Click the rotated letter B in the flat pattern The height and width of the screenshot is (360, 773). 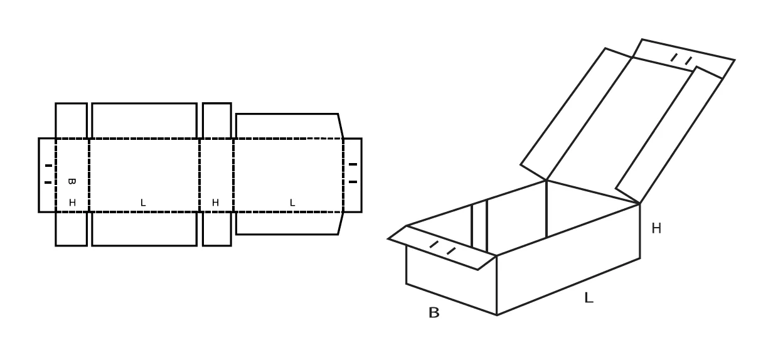pyautogui.click(x=72, y=181)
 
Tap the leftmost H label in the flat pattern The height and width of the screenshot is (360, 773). pyautogui.click(x=72, y=203)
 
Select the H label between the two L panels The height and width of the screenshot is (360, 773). pyautogui.click(x=215, y=203)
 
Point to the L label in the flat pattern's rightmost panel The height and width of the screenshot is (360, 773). pyautogui.click(x=292, y=203)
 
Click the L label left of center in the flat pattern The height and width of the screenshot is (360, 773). pyautogui.click(x=143, y=203)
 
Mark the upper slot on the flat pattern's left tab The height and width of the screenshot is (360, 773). pyautogui.click(x=48, y=166)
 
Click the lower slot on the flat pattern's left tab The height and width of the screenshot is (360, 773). pyautogui.click(x=48, y=183)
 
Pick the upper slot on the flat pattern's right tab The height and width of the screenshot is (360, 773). pyautogui.click(x=353, y=164)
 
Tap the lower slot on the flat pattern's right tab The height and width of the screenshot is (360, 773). pyautogui.click(x=353, y=182)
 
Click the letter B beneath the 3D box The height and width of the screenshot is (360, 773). pyautogui.click(x=434, y=313)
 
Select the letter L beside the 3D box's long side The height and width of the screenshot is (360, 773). pyautogui.click(x=589, y=297)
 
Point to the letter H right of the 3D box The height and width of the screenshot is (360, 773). pyautogui.click(x=656, y=228)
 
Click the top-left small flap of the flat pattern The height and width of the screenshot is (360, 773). pyautogui.click(x=71, y=120)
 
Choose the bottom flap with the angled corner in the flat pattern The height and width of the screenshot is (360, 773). pyautogui.click(x=289, y=223)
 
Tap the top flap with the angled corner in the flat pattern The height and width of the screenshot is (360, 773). pyautogui.click(x=289, y=126)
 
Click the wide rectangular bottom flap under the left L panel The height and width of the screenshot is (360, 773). pyautogui.click(x=144, y=229)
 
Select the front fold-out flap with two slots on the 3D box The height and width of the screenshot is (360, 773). pyautogui.click(x=442, y=247)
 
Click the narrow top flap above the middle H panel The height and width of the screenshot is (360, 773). pyautogui.click(x=216, y=120)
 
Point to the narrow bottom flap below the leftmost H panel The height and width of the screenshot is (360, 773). pyautogui.click(x=71, y=229)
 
